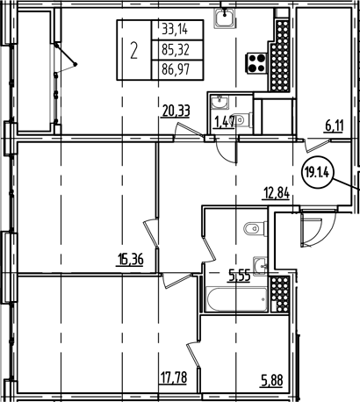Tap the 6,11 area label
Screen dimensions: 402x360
coord(334,126)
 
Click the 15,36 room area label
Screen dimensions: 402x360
coord(129,258)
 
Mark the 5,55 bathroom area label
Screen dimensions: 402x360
coord(239,275)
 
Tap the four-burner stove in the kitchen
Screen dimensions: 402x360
coord(259,62)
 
